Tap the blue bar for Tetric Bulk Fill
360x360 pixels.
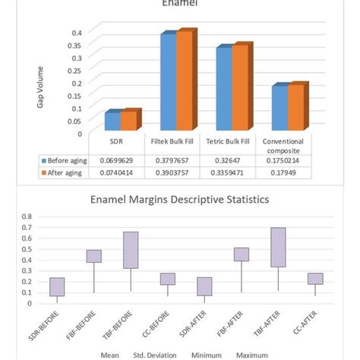[223, 90]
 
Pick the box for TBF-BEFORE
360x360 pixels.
[131, 250]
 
